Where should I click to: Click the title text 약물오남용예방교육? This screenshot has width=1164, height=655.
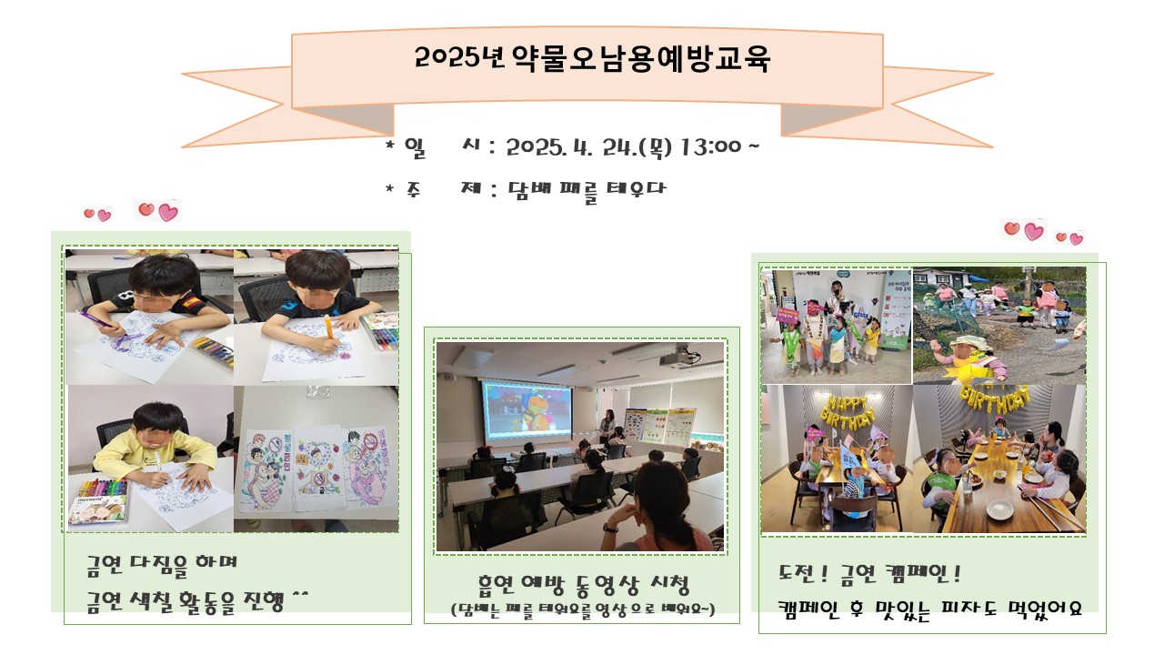point(640,59)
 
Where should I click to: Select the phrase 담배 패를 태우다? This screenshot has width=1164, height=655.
point(587,190)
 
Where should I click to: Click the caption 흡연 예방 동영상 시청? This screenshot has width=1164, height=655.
point(583,584)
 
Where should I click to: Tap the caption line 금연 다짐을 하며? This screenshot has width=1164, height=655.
point(162,564)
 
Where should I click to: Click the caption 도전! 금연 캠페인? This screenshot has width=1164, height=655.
point(868,574)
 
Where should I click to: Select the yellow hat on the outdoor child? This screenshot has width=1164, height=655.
point(967,343)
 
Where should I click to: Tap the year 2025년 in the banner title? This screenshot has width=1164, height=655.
point(460,57)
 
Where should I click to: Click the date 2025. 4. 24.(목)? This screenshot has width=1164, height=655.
point(588,147)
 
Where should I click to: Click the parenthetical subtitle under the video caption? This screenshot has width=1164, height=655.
point(583,609)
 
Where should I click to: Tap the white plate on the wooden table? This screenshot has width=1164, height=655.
point(999,510)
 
